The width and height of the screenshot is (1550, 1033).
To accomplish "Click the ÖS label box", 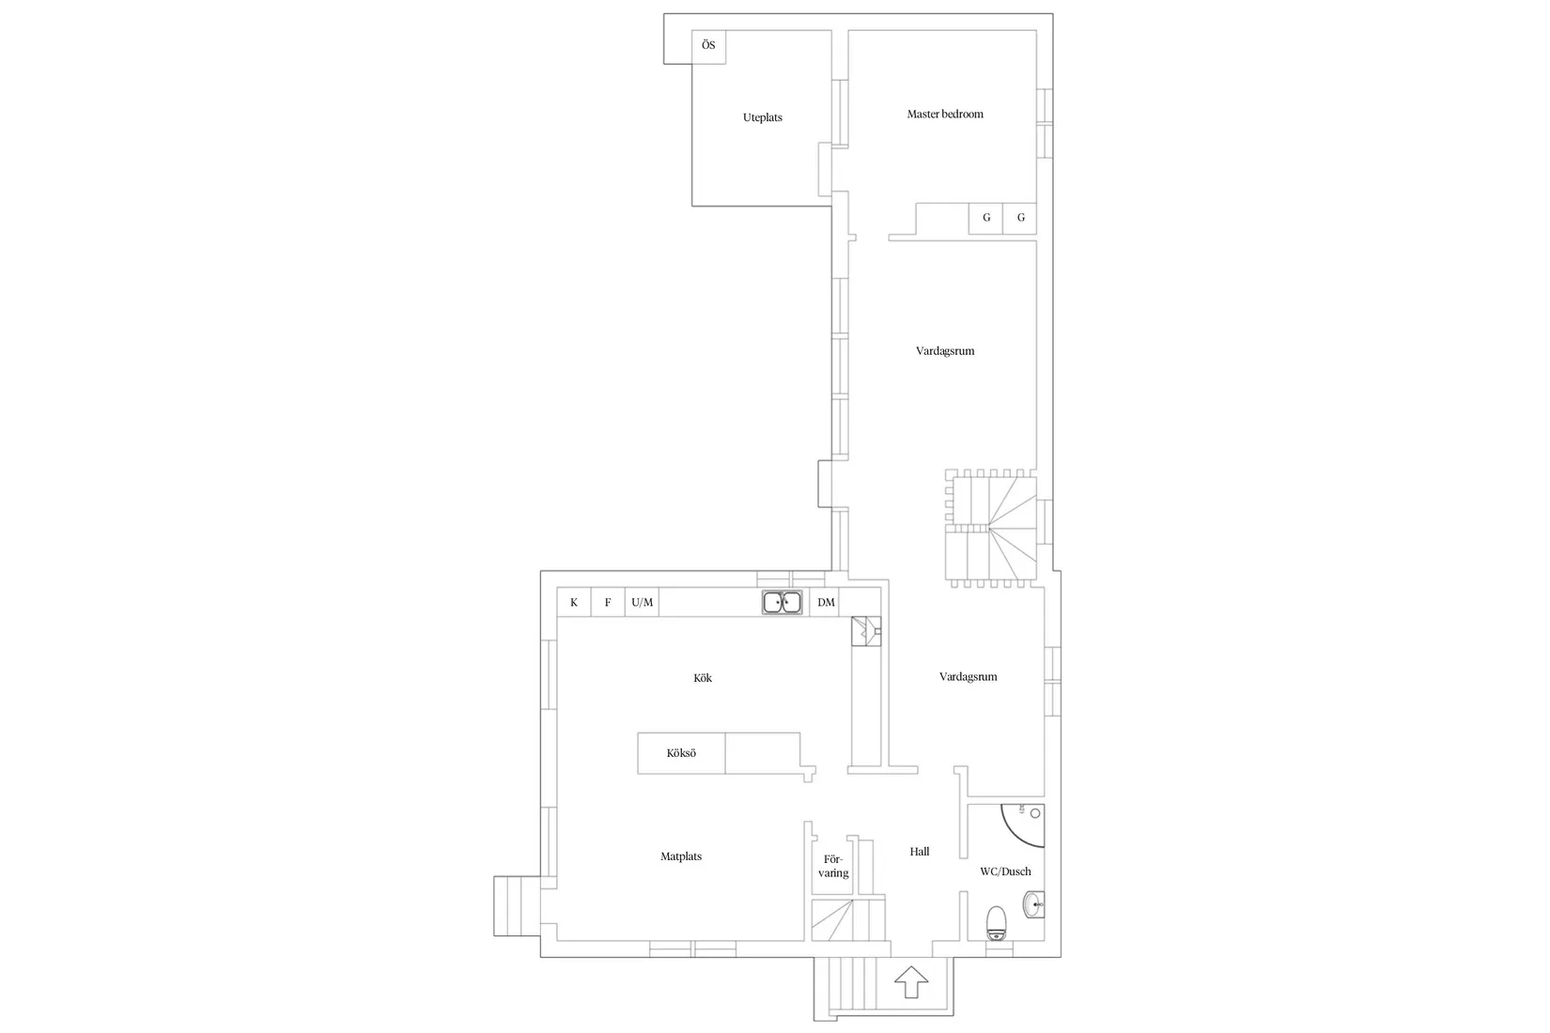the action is coord(708,46).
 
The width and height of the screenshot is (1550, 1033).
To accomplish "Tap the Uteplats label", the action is coord(763,117).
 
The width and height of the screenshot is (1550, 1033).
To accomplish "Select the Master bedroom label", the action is coord(944,115).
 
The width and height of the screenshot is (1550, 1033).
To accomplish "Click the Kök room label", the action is coord(703,678).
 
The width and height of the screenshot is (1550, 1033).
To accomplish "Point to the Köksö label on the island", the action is coord(681,753).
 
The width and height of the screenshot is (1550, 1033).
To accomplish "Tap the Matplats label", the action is coord(681,856).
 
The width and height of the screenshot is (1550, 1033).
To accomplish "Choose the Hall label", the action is coord(919,852).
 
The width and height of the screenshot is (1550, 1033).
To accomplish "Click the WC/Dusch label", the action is coord(1005,871).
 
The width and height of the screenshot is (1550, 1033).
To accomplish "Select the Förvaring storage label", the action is coord(833,866).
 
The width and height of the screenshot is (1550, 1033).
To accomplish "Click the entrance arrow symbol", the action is coord(910,982).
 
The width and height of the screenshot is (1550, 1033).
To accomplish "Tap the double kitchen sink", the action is coord(782,603).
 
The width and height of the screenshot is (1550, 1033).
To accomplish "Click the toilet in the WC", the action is coord(997,923).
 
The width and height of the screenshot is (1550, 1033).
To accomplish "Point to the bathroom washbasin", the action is coord(1033,904).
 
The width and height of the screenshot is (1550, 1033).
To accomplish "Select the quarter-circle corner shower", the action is coord(1023,825).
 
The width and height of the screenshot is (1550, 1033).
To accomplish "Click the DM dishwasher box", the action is coord(826,603).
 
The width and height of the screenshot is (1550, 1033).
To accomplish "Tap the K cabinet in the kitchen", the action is coord(574,603).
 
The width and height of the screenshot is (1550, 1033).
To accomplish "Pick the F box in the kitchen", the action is coord(608,603).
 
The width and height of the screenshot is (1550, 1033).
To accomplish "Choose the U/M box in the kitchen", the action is coord(643,603).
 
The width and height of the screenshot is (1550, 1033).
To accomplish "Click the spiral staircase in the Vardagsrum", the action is coord(991,529).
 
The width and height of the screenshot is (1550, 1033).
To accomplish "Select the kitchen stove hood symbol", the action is coord(865,631).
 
